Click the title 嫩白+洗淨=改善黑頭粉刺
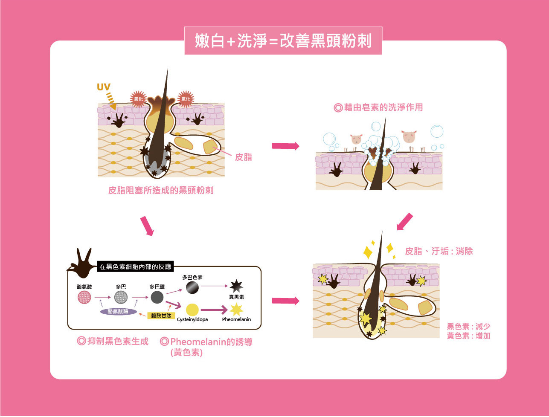coord(283,41)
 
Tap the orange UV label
coord(103,87)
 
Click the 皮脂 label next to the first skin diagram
coord(244,157)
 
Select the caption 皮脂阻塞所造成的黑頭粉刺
coord(161,190)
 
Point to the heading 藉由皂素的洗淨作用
coord(378,107)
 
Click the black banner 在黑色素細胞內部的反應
coord(135,267)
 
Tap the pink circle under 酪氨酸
coord(84,297)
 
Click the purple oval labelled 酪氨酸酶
coord(119,312)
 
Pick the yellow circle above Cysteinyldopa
coord(192,310)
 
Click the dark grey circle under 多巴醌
coord(157,297)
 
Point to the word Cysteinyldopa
coord(192,319)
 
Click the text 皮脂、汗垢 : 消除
coord(439,251)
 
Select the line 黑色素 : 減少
coord(468,327)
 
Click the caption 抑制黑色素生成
coord(113,342)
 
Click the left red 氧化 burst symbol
coord(138,99)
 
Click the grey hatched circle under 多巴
coord(121,297)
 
